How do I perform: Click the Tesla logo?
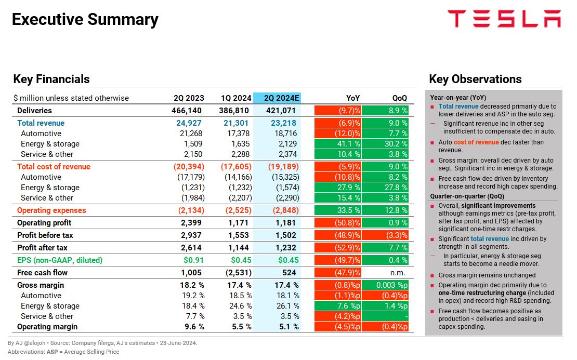tap(504, 19)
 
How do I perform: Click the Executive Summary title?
tap(85, 20)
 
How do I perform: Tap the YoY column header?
tap(353, 98)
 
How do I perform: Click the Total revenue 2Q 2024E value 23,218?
tap(283, 123)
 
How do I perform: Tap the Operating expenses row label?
tap(51, 210)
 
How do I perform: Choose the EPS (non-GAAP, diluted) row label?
tap(60, 260)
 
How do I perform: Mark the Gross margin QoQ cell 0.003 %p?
tap(385, 285)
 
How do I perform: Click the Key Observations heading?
tap(475, 79)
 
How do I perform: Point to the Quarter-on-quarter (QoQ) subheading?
tap(467, 196)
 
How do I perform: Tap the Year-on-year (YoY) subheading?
tap(458, 98)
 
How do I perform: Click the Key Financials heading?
tap(51, 79)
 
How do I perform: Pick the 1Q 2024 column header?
tap(236, 98)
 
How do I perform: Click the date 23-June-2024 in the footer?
tap(179, 343)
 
